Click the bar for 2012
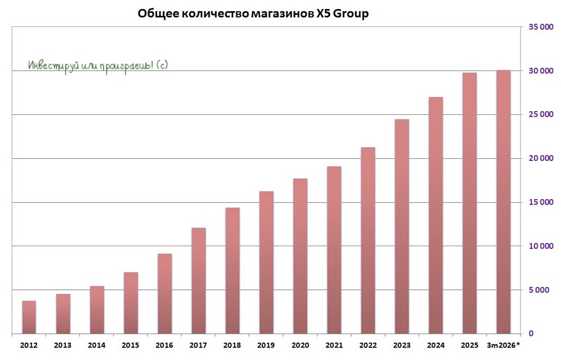pyautogui.click(x=29, y=317)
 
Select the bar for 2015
pyautogui.click(x=131, y=303)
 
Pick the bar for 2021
pyautogui.click(x=334, y=250)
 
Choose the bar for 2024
pyautogui.click(x=435, y=215)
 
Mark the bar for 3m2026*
pyautogui.click(x=503, y=202)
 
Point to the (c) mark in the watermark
pyautogui.click(x=160, y=65)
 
